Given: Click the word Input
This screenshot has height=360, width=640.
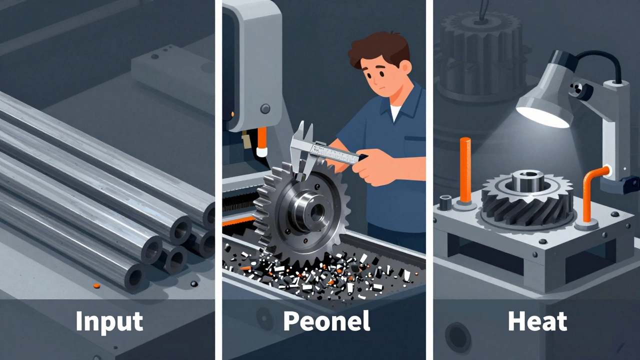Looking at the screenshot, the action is click(109, 322).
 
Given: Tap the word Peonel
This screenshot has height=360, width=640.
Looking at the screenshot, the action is click(326, 321).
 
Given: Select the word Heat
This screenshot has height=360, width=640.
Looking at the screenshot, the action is click(537, 321).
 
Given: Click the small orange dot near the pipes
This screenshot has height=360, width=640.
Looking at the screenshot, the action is click(96, 285).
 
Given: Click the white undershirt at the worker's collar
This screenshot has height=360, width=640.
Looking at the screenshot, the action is click(395, 112).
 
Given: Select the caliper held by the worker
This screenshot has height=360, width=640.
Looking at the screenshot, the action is click(323, 150).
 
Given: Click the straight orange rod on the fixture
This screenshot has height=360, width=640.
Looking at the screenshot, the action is click(465, 170).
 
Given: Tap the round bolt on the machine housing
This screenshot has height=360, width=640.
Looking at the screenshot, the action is click(265, 108).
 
